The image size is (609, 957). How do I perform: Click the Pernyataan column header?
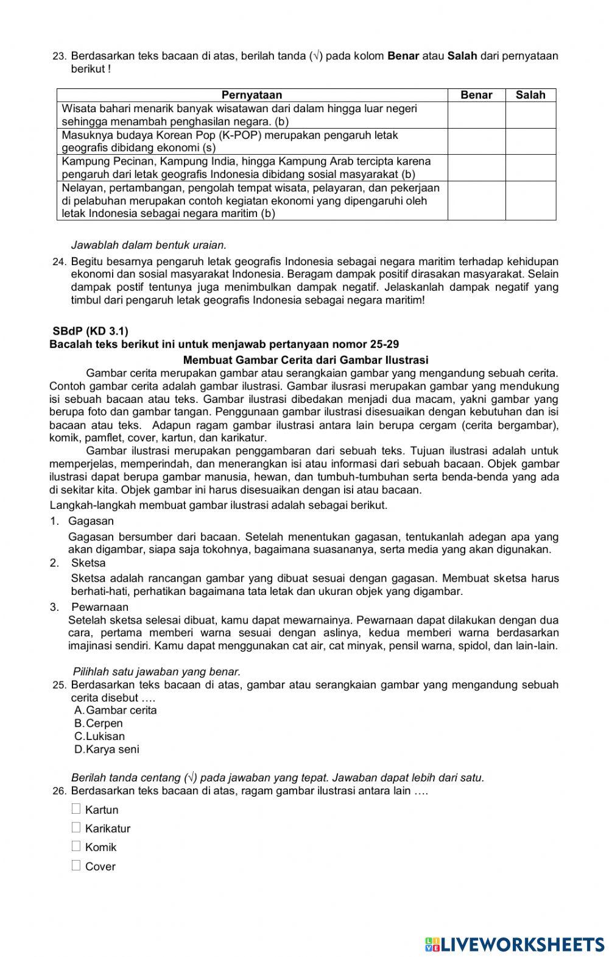[252, 95]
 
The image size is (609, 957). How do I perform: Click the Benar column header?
[476, 95]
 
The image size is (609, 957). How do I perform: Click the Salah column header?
[530, 95]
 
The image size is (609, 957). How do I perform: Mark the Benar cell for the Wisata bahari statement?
[476, 115]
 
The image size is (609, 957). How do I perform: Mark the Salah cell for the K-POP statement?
[530, 141]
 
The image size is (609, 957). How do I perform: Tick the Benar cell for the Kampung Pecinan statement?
[476, 168]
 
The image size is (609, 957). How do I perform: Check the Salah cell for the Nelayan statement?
[530, 201]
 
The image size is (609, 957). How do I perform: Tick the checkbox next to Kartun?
[76, 809]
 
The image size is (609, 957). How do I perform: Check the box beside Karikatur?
[76, 827]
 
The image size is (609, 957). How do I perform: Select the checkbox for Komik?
[76, 846]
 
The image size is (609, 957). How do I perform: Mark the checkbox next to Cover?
[76, 865]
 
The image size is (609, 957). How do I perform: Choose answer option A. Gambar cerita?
[115, 710]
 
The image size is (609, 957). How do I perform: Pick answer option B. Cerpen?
[99, 724]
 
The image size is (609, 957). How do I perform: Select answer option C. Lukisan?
[99, 736]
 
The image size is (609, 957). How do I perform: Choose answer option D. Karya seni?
[107, 750]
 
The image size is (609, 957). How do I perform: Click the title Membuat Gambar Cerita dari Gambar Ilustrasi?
[305, 360]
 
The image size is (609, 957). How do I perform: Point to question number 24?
[59, 262]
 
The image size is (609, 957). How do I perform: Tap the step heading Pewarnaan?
[100, 607]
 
